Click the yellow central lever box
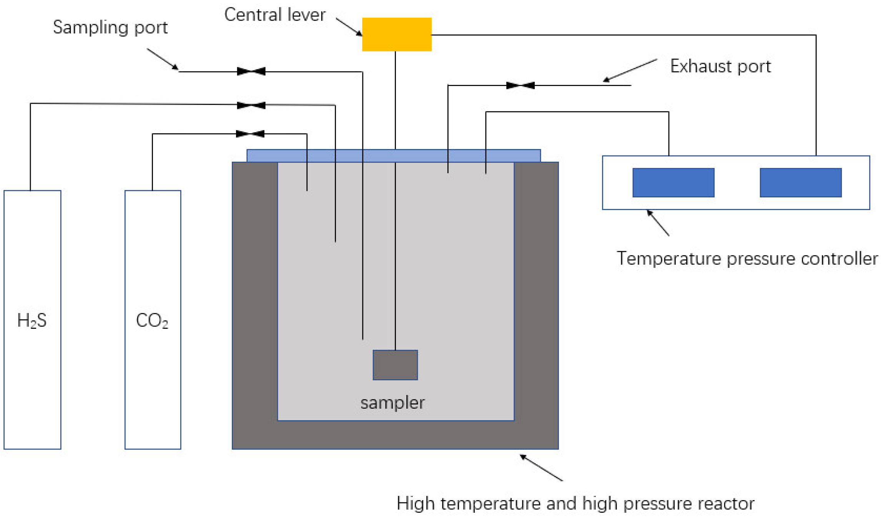click(396, 34)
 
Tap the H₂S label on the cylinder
click(32, 321)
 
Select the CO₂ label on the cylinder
click(152, 321)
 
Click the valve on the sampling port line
click(251, 71)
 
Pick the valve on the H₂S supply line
click(251, 105)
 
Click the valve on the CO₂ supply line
click(250, 134)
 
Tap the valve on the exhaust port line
click(520, 85)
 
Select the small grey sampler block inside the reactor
click(395, 365)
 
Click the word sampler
click(392, 403)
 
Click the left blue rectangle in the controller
click(673, 182)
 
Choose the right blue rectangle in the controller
click(800, 182)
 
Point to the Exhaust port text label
click(720, 66)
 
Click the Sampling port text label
click(110, 28)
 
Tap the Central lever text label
click(275, 15)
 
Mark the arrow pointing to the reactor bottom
click(541, 467)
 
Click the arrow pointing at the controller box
click(658, 223)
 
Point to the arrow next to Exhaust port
click(630, 70)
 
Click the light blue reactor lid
click(393, 156)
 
